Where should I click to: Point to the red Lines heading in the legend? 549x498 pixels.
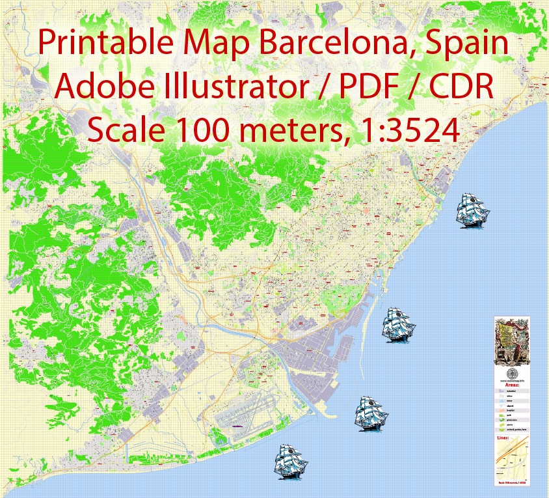tap(503, 439)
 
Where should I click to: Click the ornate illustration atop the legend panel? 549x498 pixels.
tap(512, 340)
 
